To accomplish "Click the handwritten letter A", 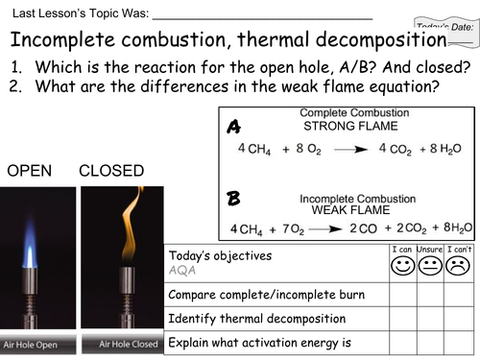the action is point(234,127).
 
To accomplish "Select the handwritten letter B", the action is point(233,200).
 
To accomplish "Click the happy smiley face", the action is point(403,264).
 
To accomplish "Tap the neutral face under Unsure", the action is point(430,264).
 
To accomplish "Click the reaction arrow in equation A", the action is point(345,149).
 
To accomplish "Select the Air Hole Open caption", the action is point(36,344).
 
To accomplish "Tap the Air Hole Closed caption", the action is point(119,344).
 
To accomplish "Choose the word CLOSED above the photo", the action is point(111,172).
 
